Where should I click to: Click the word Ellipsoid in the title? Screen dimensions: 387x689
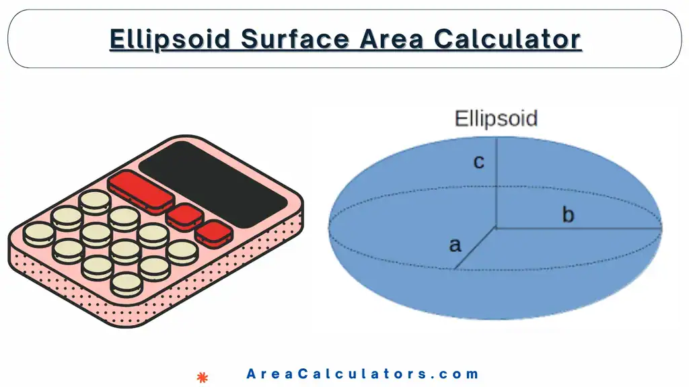pyautogui.click(x=171, y=38)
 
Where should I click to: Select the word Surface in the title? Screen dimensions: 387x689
pyautogui.click(x=295, y=38)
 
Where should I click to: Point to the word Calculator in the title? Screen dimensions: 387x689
pyautogui.click(x=507, y=38)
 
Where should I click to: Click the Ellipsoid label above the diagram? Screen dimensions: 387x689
pyautogui.click(x=497, y=119)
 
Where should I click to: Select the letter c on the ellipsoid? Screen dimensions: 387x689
pyautogui.click(x=479, y=162)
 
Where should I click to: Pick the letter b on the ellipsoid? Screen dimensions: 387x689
pyautogui.click(x=569, y=215)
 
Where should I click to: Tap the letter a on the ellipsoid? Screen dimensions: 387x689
pyautogui.click(x=456, y=245)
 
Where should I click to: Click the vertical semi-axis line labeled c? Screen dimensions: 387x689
pyautogui.click(x=497, y=181)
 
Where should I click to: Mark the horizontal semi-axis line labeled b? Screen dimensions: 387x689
pyautogui.click(x=579, y=228)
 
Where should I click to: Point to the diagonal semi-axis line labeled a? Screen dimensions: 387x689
pyautogui.click(x=475, y=248)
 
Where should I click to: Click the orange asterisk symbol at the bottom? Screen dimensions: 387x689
pyautogui.click(x=201, y=378)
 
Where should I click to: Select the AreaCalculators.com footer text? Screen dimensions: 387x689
pyautogui.click(x=363, y=374)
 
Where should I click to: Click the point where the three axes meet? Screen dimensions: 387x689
pyautogui.click(x=497, y=228)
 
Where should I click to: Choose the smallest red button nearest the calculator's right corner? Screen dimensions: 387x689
pyautogui.click(x=215, y=232)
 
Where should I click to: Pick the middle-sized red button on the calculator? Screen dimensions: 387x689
pyautogui.click(x=185, y=216)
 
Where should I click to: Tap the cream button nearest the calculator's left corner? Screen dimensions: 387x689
pyautogui.click(x=38, y=233)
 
